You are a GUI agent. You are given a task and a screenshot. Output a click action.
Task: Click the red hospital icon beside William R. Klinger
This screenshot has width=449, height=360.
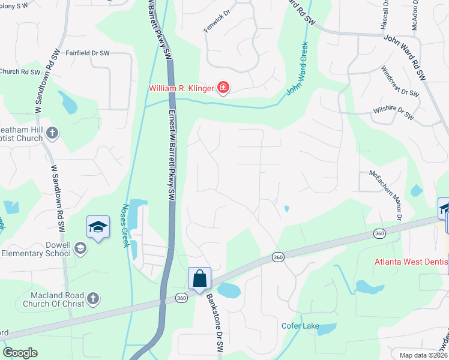223,89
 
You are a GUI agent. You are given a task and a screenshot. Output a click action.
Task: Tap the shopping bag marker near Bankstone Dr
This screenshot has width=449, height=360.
199,279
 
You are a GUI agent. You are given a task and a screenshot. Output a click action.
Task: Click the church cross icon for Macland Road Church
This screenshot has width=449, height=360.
92,298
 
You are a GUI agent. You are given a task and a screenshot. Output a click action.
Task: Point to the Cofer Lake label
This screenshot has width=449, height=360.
298,326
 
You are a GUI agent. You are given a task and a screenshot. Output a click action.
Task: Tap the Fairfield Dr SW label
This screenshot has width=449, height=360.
87,53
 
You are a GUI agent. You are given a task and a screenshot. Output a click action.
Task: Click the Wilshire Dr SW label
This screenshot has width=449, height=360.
393,110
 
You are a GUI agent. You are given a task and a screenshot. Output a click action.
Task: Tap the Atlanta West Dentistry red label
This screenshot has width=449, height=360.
411,262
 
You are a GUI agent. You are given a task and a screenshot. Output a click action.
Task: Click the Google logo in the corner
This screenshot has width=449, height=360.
19,353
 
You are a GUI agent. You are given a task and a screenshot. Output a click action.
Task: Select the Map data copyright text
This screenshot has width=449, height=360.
423,355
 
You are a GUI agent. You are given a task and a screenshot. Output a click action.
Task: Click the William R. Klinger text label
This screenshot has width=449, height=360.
182,89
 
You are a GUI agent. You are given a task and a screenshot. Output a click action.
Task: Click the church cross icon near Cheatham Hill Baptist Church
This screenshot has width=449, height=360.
52,133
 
